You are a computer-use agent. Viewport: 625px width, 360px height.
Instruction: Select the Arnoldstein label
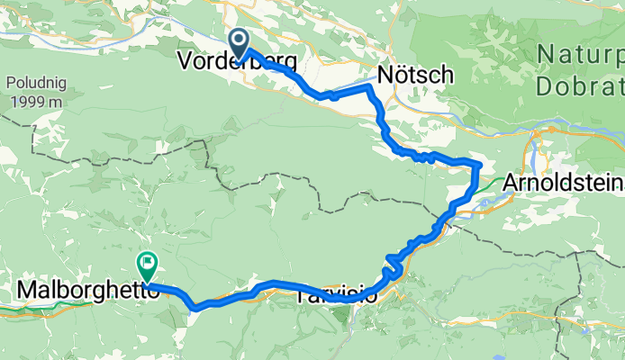pyautogui.click(x=563, y=182)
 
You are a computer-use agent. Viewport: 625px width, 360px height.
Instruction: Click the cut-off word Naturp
pyautogui.click(x=581, y=55)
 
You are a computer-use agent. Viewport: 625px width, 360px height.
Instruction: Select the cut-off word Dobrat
pyautogui.click(x=580, y=86)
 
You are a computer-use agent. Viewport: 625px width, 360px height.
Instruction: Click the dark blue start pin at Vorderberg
pyautogui.click(x=239, y=41)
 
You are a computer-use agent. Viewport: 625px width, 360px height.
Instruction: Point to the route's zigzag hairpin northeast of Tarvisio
pyautogui.click(x=391, y=267)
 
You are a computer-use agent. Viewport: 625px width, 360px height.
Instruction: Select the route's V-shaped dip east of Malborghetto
pyautogui.click(x=195, y=306)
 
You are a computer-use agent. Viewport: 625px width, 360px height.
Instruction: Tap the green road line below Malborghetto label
pyautogui.click(x=54, y=306)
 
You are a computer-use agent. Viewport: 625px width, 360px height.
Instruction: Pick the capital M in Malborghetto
pyautogui.click(x=28, y=291)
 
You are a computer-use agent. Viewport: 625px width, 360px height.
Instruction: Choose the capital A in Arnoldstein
pyautogui.click(x=511, y=182)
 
